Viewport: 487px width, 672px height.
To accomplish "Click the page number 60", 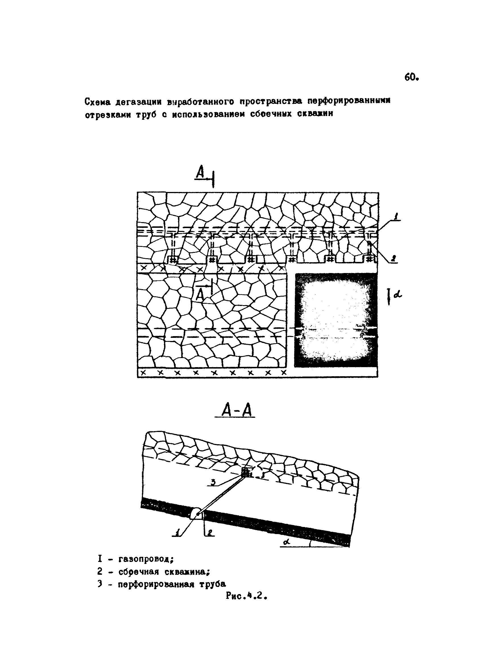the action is coord(411,78).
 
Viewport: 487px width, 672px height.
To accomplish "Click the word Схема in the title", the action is coord(98,102).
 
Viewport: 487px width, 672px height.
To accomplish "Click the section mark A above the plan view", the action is coord(201,173).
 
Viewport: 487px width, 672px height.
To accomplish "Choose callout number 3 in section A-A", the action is coord(213,483).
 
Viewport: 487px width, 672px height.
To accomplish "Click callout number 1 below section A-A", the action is coord(177,533).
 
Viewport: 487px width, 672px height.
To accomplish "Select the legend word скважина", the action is coord(187,572).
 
